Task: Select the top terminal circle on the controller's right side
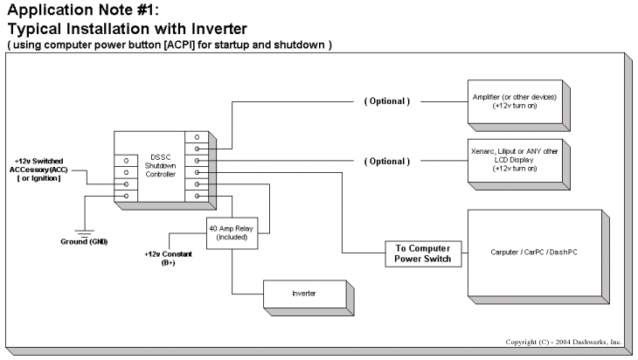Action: tap(198, 136)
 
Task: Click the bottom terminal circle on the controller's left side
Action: tap(127, 196)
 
